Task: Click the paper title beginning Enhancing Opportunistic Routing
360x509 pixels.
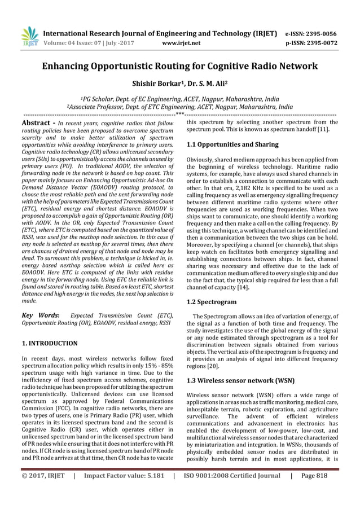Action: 180,66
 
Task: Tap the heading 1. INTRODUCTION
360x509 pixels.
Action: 50,343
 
